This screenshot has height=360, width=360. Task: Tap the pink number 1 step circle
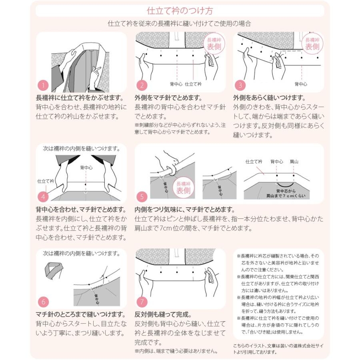coord(43,85)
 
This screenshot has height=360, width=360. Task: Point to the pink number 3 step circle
coord(240,85)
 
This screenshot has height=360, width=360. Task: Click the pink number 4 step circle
coord(43,196)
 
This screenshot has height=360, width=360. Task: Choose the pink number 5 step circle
coord(143,196)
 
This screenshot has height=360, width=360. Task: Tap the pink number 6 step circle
coord(43,301)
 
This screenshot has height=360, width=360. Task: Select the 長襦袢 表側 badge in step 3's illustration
coord(312,44)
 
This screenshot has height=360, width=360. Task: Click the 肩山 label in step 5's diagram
coord(294,162)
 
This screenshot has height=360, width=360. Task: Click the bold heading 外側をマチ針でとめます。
coord(168,98)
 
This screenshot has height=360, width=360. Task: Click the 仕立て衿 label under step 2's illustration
coord(194,84)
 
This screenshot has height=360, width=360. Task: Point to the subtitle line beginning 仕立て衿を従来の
coord(180,24)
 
